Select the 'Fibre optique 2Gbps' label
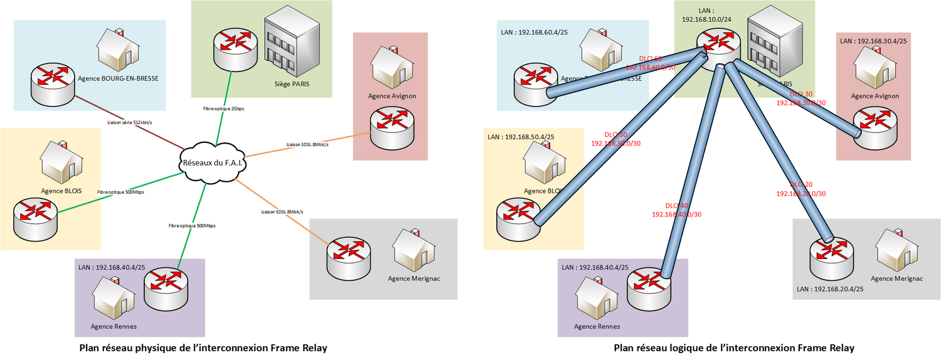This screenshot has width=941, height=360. tap(224, 109)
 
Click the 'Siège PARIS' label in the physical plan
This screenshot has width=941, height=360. tap(292, 83)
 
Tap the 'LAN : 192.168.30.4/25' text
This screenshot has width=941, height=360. tap(873, 41)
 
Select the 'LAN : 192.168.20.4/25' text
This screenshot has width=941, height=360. tap(830, 289)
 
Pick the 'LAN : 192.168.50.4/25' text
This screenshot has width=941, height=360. tap(521, 136)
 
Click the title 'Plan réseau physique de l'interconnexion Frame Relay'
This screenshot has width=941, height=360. tap(203, 347)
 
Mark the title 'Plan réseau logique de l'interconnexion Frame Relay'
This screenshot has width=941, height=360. tap(733, 347)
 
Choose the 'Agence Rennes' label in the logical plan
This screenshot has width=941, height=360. tap(597, 326)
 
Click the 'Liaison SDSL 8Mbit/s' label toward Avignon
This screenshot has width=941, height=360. tap(307, 144)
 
